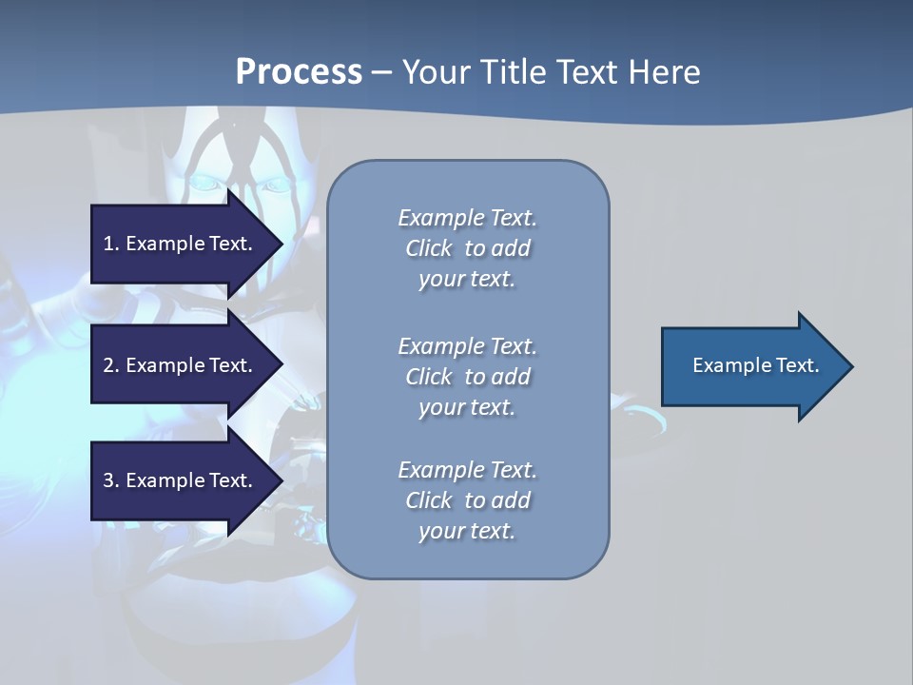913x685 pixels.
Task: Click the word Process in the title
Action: coord(299,72)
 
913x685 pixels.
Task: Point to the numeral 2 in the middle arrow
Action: coord(108,365)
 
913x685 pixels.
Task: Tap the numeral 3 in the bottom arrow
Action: coord(108,480)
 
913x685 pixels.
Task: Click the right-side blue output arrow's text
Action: coord(755,365)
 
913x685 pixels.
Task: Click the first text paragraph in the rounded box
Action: coord(467,248)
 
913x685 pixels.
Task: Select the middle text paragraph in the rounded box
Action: coord(467,377)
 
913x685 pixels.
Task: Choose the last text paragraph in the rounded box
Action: coord(467,500)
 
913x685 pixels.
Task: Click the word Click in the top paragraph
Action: coord(429,248)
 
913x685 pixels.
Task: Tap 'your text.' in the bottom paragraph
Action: coord(467,531)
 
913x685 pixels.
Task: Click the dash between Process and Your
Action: coord(382,73)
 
